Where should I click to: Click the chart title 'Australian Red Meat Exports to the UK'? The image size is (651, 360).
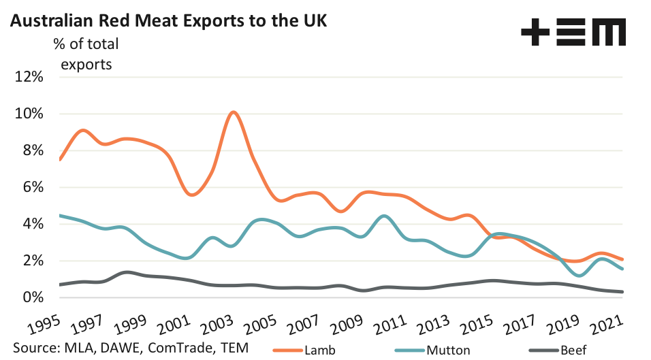point(168,21)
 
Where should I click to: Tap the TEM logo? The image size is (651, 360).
point(573,32)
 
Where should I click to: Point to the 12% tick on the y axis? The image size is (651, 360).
point(29,77)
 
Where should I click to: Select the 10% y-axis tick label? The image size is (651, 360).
point(29,114)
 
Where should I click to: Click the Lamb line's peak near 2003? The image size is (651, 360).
point(234,112)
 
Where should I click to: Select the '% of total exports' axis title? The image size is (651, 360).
point(86,54)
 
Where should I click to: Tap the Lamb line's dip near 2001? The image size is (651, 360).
point(192,195)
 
